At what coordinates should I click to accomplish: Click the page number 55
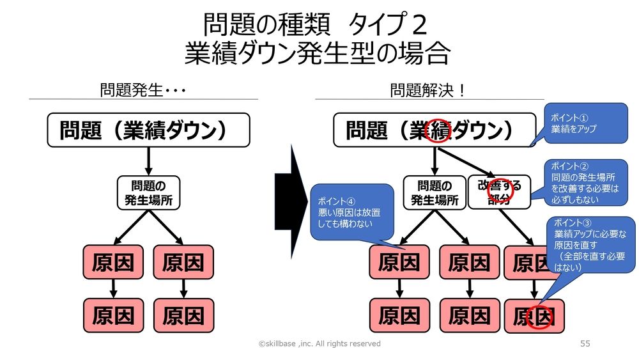(x=585, y=343)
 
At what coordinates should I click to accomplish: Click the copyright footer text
(x=319, y=343)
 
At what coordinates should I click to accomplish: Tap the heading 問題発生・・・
(x=142, y=90)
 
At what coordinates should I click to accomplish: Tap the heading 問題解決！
(x=428, y=90)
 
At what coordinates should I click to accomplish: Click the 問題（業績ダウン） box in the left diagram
(x=148, y=130)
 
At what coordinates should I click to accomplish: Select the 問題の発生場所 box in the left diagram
(x=148, y=192)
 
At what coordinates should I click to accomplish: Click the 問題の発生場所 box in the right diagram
(x=435, y=192)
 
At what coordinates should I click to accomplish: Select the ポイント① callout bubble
(x=578, y=123)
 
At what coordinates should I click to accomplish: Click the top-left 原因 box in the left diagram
(x=113, y=263)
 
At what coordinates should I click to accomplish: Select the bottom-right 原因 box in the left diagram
(x=183, y=315)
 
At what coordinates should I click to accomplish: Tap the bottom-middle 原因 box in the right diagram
(x=469, y=315)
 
